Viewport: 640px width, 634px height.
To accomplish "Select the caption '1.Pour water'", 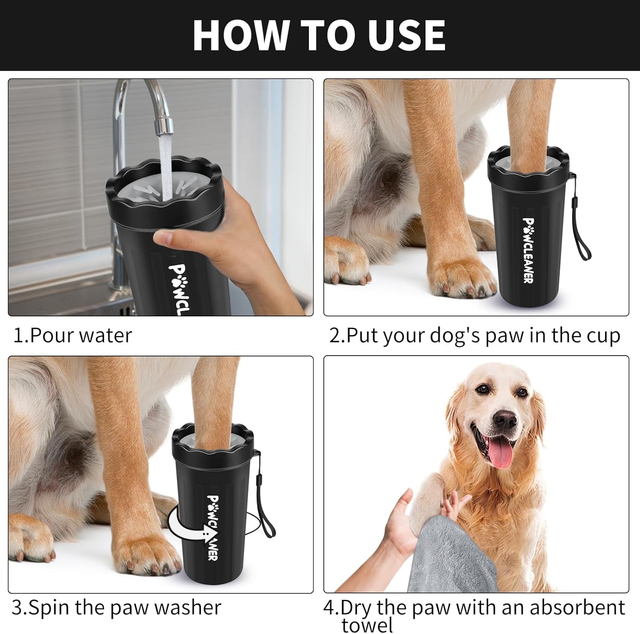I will (73, 335).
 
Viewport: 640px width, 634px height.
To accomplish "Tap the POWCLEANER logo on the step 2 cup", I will (528, 250).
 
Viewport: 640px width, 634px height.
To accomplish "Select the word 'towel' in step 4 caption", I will (367, 625).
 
